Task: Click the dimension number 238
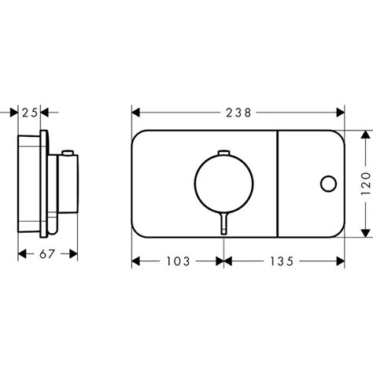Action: pyautogui.click(x=238, y=113)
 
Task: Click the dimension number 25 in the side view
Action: pyautogui.click(x=29, y=113)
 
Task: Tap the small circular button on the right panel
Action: pyautogui.click(x=327, y=184)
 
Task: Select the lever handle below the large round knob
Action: pyautogui.click(x=223, y=223)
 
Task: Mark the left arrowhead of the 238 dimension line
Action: pyautogui.click(x=135, y=113)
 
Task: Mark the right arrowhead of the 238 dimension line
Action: pyautogui.click(x=341, y=113)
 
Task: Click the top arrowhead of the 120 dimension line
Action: pyautogui.click(x=364, y=135)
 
